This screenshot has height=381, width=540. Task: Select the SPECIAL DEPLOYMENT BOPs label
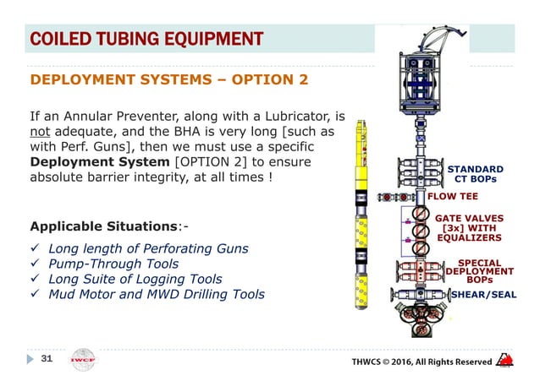(x=479, y=270)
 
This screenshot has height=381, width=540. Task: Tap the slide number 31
(x=47, y=359)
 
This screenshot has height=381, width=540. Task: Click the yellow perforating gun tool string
(x=366, y=220)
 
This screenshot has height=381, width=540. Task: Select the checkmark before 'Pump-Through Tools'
(x=35, y=264)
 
